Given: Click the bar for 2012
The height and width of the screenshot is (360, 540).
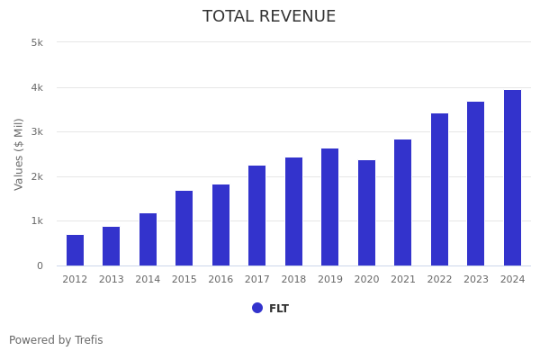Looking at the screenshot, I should [x=75, y=250].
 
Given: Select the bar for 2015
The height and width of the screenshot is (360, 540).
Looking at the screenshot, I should [x=184, y=228].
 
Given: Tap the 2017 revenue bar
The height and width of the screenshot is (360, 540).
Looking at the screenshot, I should [x=257, y=215].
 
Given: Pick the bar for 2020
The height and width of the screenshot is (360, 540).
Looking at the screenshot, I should [x=366, y=212].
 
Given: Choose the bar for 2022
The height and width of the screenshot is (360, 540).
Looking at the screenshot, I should [x=439, y=189].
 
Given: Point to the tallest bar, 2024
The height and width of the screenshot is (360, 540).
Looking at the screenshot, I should [x=512, y=177].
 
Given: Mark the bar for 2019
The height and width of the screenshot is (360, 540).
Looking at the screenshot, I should [x=330, y=207].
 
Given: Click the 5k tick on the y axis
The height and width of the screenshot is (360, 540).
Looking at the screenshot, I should [x=37, y=42].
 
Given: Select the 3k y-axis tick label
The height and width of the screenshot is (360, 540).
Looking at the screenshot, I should [x=37, y=132].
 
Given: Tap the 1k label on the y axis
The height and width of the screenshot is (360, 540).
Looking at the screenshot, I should [x=37, y=221].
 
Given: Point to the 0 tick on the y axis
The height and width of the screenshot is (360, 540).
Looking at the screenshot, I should [x=40, y=265].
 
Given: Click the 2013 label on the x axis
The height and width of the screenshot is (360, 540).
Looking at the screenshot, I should [x=112, y=280].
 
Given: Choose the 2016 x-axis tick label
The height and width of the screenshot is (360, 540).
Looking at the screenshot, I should [x=220, y=280].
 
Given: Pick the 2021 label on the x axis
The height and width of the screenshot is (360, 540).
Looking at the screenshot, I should [x=403, y=280].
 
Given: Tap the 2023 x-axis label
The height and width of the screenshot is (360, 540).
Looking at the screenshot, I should [x=476, y=280].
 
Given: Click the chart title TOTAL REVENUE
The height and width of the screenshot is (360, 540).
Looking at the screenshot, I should [x=269, y=17].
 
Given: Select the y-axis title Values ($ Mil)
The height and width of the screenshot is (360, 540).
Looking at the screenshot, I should [x=19, y=154].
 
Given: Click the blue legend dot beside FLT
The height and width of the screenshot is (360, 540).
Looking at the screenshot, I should [x=257, y=308].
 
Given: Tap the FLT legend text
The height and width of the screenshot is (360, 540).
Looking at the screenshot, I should [x=279, y=309].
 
